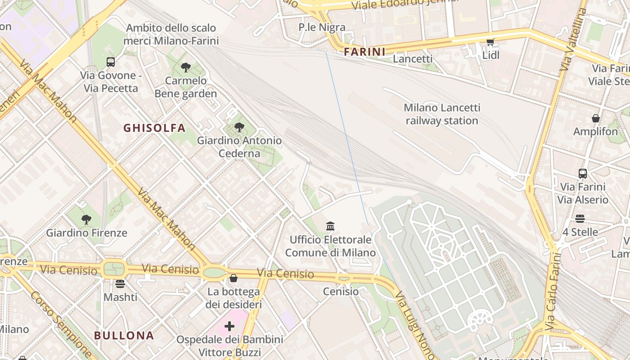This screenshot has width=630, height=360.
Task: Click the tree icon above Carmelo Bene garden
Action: (185, 68)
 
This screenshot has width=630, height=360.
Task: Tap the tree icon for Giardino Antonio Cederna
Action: (239, 127)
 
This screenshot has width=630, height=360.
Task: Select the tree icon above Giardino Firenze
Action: (86, 220)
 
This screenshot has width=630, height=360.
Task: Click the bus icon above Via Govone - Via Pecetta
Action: (111, 62)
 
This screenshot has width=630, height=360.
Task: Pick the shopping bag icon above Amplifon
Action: (595, 118)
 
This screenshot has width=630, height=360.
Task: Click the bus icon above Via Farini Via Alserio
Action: (583, 174)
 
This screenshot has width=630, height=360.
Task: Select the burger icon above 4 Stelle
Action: (580, 219)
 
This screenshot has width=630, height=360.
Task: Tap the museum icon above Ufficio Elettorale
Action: (330, 226)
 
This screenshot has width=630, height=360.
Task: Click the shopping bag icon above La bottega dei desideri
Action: (234, 278)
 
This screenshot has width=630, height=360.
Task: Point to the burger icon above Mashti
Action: (120, 283)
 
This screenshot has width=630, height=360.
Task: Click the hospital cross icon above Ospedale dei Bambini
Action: (229, 326)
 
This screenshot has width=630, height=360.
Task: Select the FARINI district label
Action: (364, 52)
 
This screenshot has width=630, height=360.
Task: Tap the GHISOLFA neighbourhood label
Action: (154, 128)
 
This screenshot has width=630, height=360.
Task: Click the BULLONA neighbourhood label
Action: (124, 335)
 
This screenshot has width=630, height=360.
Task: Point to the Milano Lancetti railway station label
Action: (442, 114)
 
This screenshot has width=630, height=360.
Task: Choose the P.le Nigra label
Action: (322, 27)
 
